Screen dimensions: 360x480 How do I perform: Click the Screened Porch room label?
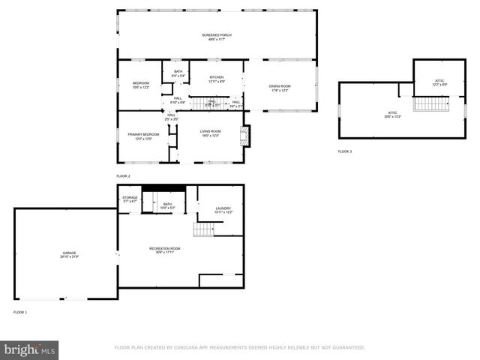(217, 37)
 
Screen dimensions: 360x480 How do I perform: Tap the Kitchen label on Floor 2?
(217, 79)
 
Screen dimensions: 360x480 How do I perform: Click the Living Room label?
(210, 133)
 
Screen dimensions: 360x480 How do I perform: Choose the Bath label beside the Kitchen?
(178, 73)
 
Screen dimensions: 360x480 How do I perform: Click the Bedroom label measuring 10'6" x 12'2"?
(141, 85)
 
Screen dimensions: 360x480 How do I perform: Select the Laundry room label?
(223, 211)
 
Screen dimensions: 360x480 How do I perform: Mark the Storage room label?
(130, 199)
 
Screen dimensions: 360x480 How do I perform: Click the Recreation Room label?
(164, 250)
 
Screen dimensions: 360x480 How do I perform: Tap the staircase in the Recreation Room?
(204, 229)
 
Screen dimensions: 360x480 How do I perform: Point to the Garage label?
(69, 255)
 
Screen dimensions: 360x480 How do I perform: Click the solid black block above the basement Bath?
(163, 187)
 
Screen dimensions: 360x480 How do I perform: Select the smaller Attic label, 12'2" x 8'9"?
(439, 82)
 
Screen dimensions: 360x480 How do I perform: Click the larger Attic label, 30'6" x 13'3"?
(392, 115)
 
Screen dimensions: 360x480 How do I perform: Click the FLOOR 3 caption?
(344, 151)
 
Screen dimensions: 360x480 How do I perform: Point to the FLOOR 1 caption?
(19, 311)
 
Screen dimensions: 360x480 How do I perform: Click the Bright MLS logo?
(30, 349)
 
